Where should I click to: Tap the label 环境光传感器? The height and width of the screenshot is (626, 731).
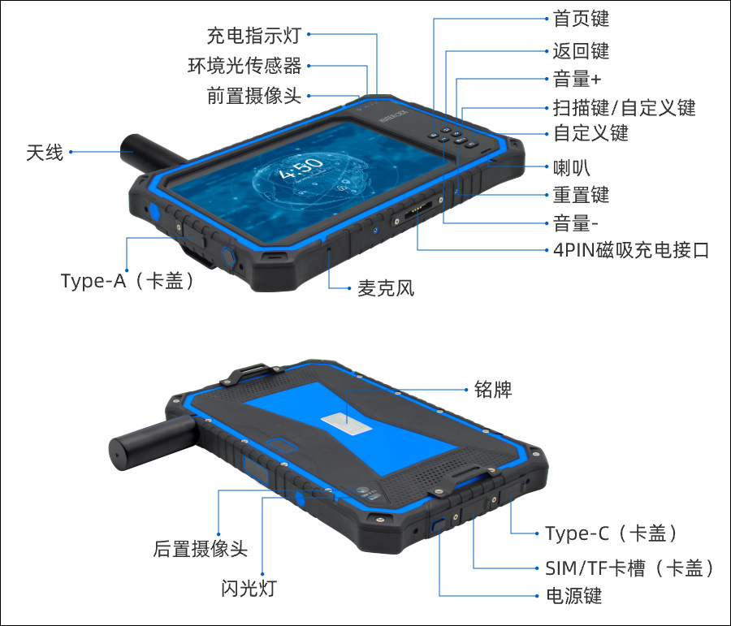(x=244, y=66)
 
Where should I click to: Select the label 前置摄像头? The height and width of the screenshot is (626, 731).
(x=253, y=96)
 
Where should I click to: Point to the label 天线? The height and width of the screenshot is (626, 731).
(x=44, y=152)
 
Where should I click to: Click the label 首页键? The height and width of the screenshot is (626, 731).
(x=580, y=18)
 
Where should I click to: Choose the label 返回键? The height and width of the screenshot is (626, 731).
(x=580, y=51)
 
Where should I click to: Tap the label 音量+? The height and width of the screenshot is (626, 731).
(x=577, y=79)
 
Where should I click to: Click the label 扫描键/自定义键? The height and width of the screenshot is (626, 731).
(x=624, y=107)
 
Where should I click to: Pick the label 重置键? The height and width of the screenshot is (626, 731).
(x=580, y=195)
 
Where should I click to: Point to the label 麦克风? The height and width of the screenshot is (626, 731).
(x=386, y=287)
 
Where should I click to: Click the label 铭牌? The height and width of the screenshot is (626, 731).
(x=493, y=390)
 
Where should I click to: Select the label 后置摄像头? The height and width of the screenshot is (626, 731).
(x=200, y=549)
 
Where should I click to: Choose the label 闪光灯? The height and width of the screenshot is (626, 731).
(x=249, y=588)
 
